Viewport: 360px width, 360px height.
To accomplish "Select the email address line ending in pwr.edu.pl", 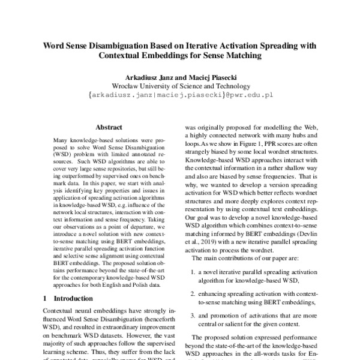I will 180,95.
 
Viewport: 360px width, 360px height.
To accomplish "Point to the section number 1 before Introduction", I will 46,298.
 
